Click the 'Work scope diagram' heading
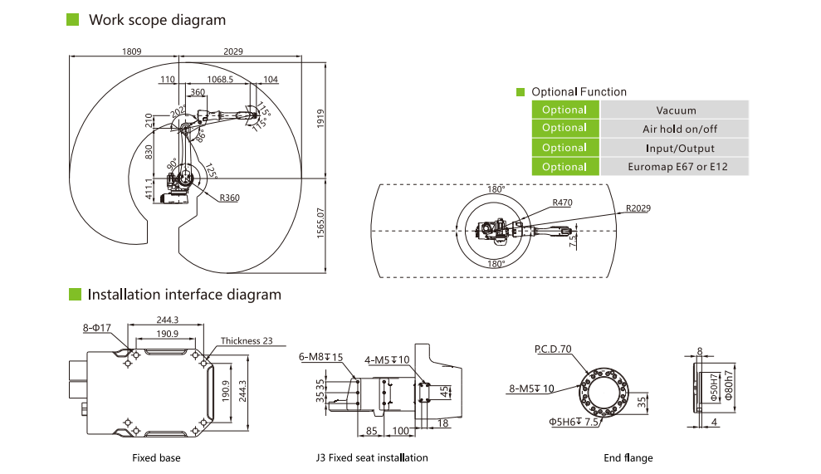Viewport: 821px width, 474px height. [x=157, y=19]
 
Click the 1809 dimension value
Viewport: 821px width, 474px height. [x=132, y=51]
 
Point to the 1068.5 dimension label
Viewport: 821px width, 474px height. [x=220, y=80]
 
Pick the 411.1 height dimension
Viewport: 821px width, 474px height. [x=150, y=189]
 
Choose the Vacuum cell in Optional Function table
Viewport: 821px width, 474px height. [x=676, y=110]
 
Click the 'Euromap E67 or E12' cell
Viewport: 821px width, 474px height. [x=676, y=167]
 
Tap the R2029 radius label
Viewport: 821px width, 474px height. [x=639, y=208]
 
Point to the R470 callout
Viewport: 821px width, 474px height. [x=563, y=202]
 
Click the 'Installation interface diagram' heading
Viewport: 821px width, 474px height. [x=184, y=295]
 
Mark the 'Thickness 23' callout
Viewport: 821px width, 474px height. [x=247, y=341]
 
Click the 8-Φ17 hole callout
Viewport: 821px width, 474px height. [x=96, y=329]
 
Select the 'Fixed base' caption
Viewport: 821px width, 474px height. [x=156, y=457]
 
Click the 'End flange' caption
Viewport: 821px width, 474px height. [x=628, y=457]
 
